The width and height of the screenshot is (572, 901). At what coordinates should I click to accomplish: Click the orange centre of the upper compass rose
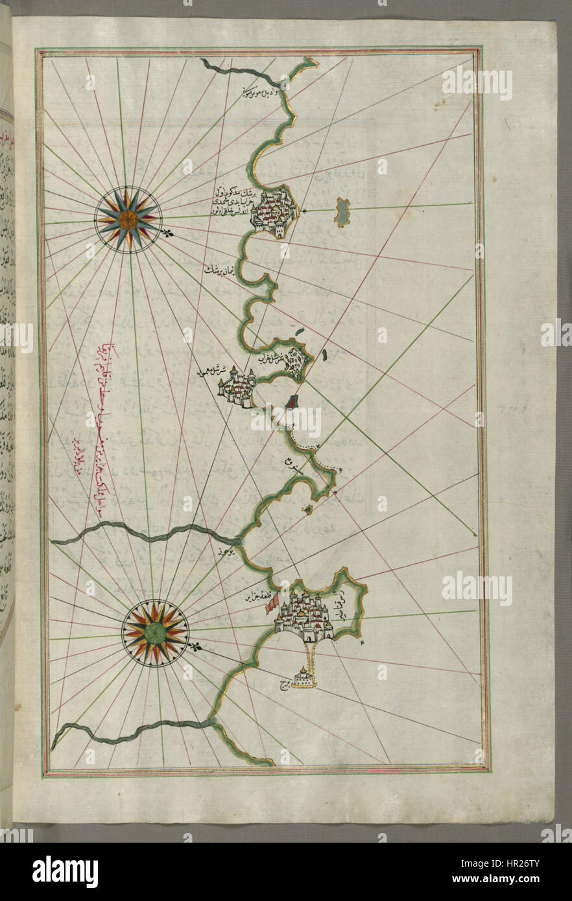[127, 219]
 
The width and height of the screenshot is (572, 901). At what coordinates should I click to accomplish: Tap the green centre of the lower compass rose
[155, 633]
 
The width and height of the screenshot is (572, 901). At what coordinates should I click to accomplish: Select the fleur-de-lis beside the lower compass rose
[194, 646]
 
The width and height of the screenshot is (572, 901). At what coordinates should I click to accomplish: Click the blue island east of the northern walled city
[342, 212]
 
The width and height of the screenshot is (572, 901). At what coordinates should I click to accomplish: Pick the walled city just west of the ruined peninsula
[236, 388]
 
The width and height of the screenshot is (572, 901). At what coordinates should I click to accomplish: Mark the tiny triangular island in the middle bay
[308, 510]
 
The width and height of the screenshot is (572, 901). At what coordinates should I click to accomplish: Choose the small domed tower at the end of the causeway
[304, 677]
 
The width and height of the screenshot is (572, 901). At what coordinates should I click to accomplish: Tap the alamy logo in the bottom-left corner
[65, 871]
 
